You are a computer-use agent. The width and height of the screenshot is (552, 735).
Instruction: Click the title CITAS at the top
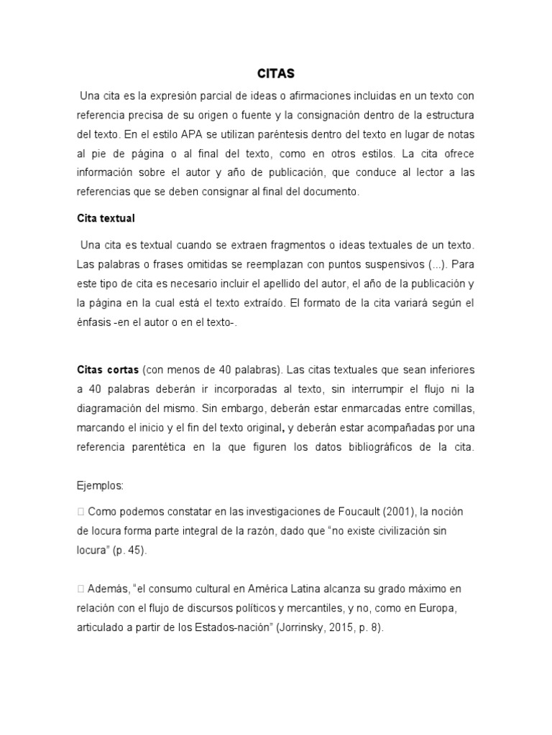pyautogui.click(x=276, y=73)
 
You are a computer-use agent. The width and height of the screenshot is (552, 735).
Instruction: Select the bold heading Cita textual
pyautogui.click(x=106, y=217)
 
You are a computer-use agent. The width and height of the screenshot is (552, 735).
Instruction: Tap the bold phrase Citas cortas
pyautogui.click(x=108, y=370)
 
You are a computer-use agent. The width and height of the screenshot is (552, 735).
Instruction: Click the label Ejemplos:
pyautogui.click(x=100, y=486)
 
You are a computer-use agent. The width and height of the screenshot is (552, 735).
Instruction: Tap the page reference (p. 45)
pyautogui.click(x=132, y=551)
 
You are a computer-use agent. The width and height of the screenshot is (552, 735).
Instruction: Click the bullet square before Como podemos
pyautogui.click(x=80, y=512)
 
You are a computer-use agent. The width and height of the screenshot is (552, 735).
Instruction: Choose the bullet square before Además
pyautogui.click(x=80, y=589)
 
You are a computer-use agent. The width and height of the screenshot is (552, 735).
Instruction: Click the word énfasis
pyautogui.click(x=95, y=322)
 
